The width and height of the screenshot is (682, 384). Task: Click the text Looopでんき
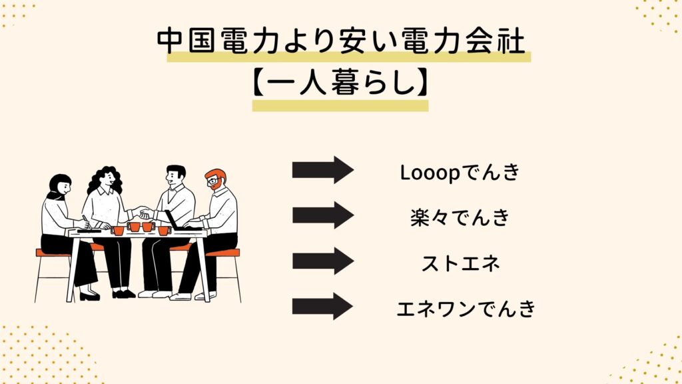pos(460,173)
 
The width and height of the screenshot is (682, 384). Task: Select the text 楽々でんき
pos(460,217)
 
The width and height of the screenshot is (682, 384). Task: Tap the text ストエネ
pos(461,263)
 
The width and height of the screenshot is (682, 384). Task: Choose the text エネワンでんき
pos(466,309)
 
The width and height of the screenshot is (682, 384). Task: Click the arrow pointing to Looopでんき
pos(323,170)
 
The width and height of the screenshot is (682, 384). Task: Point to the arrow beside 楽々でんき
pos(323,215)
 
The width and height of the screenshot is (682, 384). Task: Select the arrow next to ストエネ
pos(323,261)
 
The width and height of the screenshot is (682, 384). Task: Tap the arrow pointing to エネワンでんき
pos(323,307)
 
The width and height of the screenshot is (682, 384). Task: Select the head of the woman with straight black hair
pos(60,185)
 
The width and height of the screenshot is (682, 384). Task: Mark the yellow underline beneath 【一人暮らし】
pos(340,106)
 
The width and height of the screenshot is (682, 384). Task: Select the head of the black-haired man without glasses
pos(176,175)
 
